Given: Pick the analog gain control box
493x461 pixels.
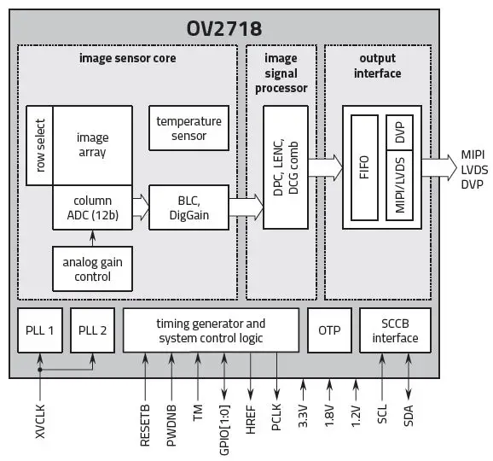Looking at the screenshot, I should (x=92, y=268).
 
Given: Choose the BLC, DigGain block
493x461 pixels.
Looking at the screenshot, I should (x=188, y=207).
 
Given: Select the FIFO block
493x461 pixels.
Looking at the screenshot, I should (x=364, y=166).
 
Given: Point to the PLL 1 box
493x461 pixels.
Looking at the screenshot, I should (x=40, y=330).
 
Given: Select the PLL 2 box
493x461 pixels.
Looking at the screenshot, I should (x=91, y=330).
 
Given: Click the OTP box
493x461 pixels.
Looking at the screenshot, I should (x=328, y=330).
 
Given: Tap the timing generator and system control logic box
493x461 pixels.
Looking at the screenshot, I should (x=211, y=330).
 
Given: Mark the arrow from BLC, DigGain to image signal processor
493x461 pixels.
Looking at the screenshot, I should (x=246, y=207).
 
